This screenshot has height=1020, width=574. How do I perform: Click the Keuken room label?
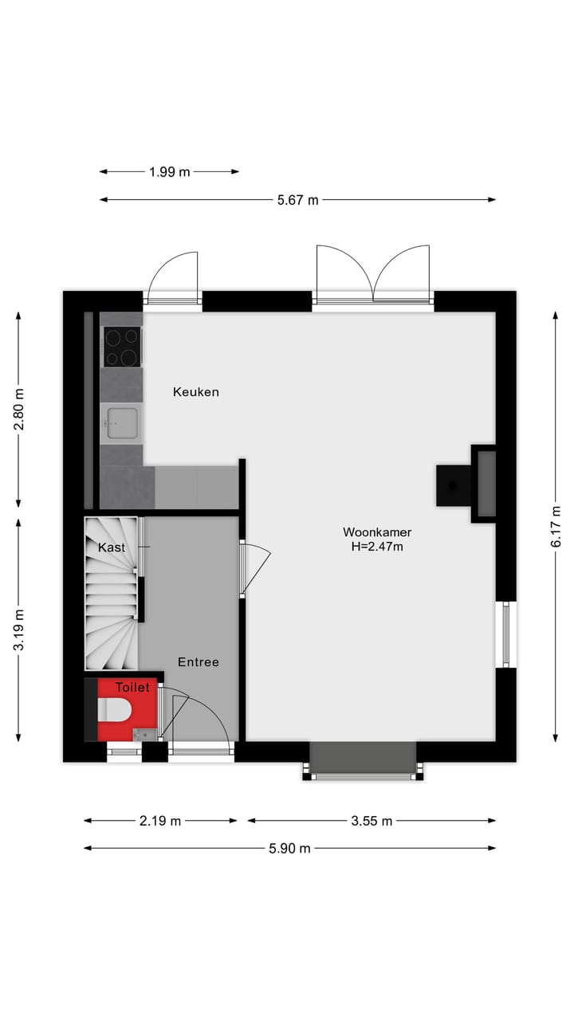[196, 392]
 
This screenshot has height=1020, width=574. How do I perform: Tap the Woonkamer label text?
[377, 532]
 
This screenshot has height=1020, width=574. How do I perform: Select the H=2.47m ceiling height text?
[377, 547]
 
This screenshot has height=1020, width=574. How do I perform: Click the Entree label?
[198, 662]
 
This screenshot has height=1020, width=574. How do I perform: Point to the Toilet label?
[132, 687]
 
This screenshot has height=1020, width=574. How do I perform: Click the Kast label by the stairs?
[112, 547]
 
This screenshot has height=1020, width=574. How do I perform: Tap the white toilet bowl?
[116, 709]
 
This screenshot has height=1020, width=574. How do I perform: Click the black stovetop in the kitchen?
[122, 347]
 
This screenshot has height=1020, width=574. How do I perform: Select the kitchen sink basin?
[121, 422]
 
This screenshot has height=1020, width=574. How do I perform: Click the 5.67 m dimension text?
[297, 200]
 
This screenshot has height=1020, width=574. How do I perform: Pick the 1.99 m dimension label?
[170, 171]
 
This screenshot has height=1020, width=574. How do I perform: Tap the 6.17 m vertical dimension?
[556, 526]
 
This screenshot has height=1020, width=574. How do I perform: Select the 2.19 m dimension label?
[160, 821]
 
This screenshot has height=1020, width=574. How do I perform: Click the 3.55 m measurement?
[372, 821]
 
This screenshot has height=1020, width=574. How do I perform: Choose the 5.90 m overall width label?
[289, 848]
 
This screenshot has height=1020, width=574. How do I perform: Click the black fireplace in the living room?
[453, 485]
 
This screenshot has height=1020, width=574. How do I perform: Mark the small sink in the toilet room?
[143, 734]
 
